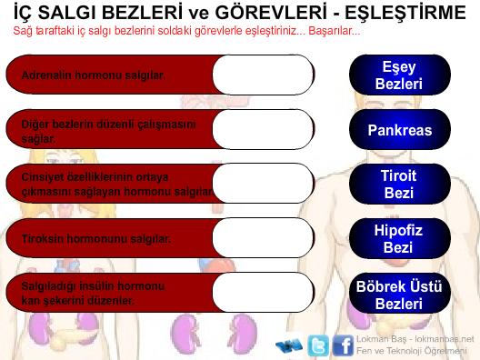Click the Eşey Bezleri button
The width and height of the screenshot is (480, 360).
tap(400, 75)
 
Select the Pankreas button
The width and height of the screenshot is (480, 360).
tap(400, 129)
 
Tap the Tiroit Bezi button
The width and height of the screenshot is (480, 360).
tap(400, 184)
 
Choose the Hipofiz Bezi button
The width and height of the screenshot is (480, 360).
tap(400, 238)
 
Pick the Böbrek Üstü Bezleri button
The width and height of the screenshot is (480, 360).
tap(400, 294)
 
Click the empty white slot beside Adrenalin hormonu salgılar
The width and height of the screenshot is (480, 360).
tap(264, 75)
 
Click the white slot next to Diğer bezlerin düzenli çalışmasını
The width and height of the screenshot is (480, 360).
tap(264, 129)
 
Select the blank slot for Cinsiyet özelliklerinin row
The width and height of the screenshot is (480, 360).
tap(264, 184)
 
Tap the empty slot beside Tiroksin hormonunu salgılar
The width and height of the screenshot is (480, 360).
tap(264, 238)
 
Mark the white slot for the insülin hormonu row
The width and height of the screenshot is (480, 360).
tap(264, 293)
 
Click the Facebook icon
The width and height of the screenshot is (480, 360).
tap(343, 345)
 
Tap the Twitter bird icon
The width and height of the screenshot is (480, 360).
tap(318, 345)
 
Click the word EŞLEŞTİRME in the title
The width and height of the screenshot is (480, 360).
tap(405, 13)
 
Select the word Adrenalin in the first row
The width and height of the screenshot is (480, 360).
tap(46, 75)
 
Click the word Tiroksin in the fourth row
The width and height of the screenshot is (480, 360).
tap(42, 239)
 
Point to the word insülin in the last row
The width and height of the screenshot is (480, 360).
tap(97, 286)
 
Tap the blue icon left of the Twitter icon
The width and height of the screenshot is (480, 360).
tap(289, 345)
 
